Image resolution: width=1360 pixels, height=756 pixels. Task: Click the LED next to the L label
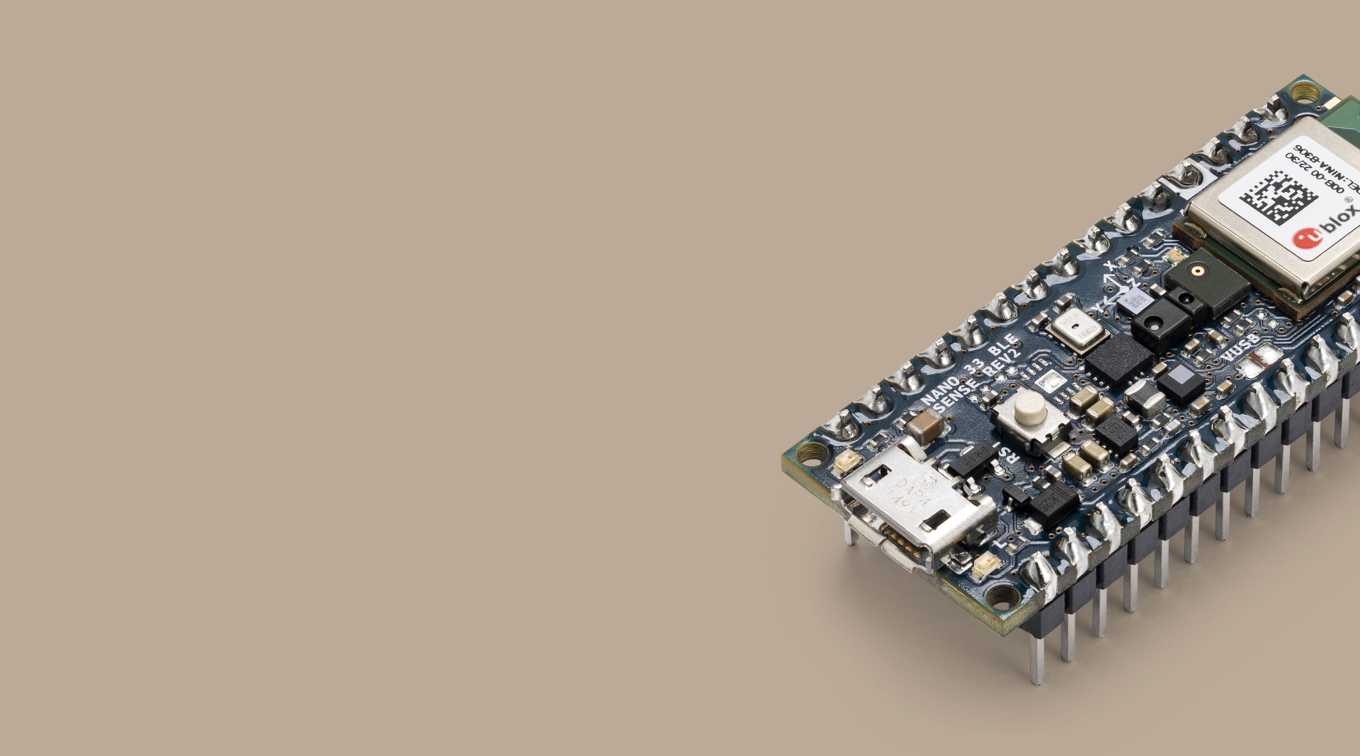pyautogui.click(x=982, y=565)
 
